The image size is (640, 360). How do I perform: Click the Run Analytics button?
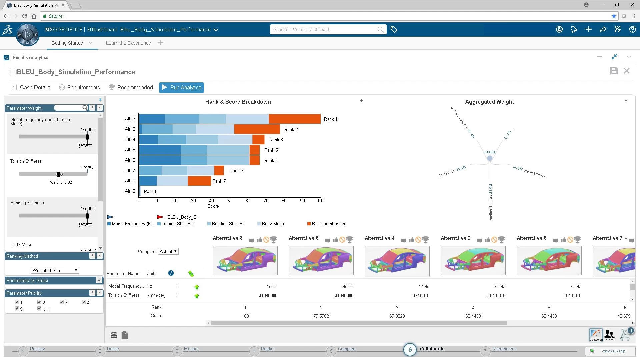(181, 88)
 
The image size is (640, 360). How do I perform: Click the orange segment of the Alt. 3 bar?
(294, 119)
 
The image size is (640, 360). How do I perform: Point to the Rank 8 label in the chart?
(151, 192)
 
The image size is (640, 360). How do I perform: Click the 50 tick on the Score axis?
(230, 201)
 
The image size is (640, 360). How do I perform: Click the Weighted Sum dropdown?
(55, 271)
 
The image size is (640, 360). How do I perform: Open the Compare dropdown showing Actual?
(168, 252)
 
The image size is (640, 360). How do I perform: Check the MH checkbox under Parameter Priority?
(39, 309)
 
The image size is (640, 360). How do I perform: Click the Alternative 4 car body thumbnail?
(397, 261)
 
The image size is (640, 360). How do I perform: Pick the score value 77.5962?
(321, 316)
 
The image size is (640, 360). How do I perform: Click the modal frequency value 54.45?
(424, 287)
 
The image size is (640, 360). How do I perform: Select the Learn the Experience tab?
(128, 43)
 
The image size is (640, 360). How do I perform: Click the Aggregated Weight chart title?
(489, 102)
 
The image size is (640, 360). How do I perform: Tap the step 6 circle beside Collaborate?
(410, 350)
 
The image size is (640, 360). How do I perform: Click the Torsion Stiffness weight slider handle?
(59, 174)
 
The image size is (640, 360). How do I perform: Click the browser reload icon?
(25, 16)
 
